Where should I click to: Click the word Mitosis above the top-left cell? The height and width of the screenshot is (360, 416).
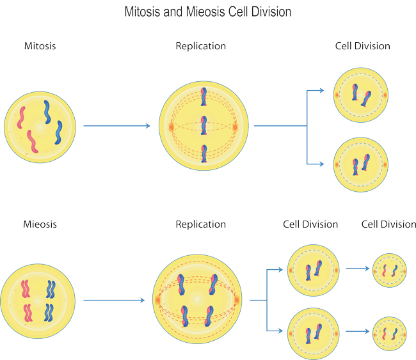coord(40,46)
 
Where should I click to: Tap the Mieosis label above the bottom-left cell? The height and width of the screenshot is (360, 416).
coord(40,224)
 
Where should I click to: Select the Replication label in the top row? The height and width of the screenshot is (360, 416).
coord(200,46)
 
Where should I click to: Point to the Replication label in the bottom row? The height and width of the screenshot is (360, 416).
coord(200,224)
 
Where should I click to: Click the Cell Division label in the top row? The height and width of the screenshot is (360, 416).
coord(362,46)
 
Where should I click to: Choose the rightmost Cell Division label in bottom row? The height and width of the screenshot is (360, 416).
coord(388,224)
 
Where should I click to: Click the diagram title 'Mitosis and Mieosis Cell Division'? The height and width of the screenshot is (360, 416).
coord(207,12)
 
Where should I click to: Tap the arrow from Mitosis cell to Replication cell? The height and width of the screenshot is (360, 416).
coord(117,126)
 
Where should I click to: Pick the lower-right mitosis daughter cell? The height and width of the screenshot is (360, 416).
coord(360,164)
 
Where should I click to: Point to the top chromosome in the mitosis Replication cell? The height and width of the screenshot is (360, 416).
coord(204,97)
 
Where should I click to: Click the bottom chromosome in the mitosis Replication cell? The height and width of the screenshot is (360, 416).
coord(204,154)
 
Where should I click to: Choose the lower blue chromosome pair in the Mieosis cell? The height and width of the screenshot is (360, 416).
coord(49,313)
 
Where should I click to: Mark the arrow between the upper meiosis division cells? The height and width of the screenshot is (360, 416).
coord(357,269)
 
